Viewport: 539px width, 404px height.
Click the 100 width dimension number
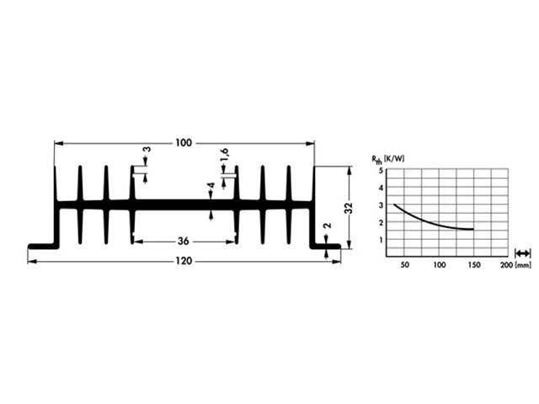coord(184,143)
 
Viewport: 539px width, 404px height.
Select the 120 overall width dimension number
coord(184,262)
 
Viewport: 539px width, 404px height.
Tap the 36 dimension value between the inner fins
coord(183,242)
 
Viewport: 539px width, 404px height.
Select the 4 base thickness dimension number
coord(211,187)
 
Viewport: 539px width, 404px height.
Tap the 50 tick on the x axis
coord(405,265)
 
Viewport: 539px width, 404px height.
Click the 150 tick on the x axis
coord(473,265)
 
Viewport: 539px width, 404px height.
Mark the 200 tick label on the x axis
coord(505,265)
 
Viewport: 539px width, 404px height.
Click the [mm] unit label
coord(524,265)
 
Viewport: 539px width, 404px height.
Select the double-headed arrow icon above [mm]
coord(523,252)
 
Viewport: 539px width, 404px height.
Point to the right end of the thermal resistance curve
coord(473,229)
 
